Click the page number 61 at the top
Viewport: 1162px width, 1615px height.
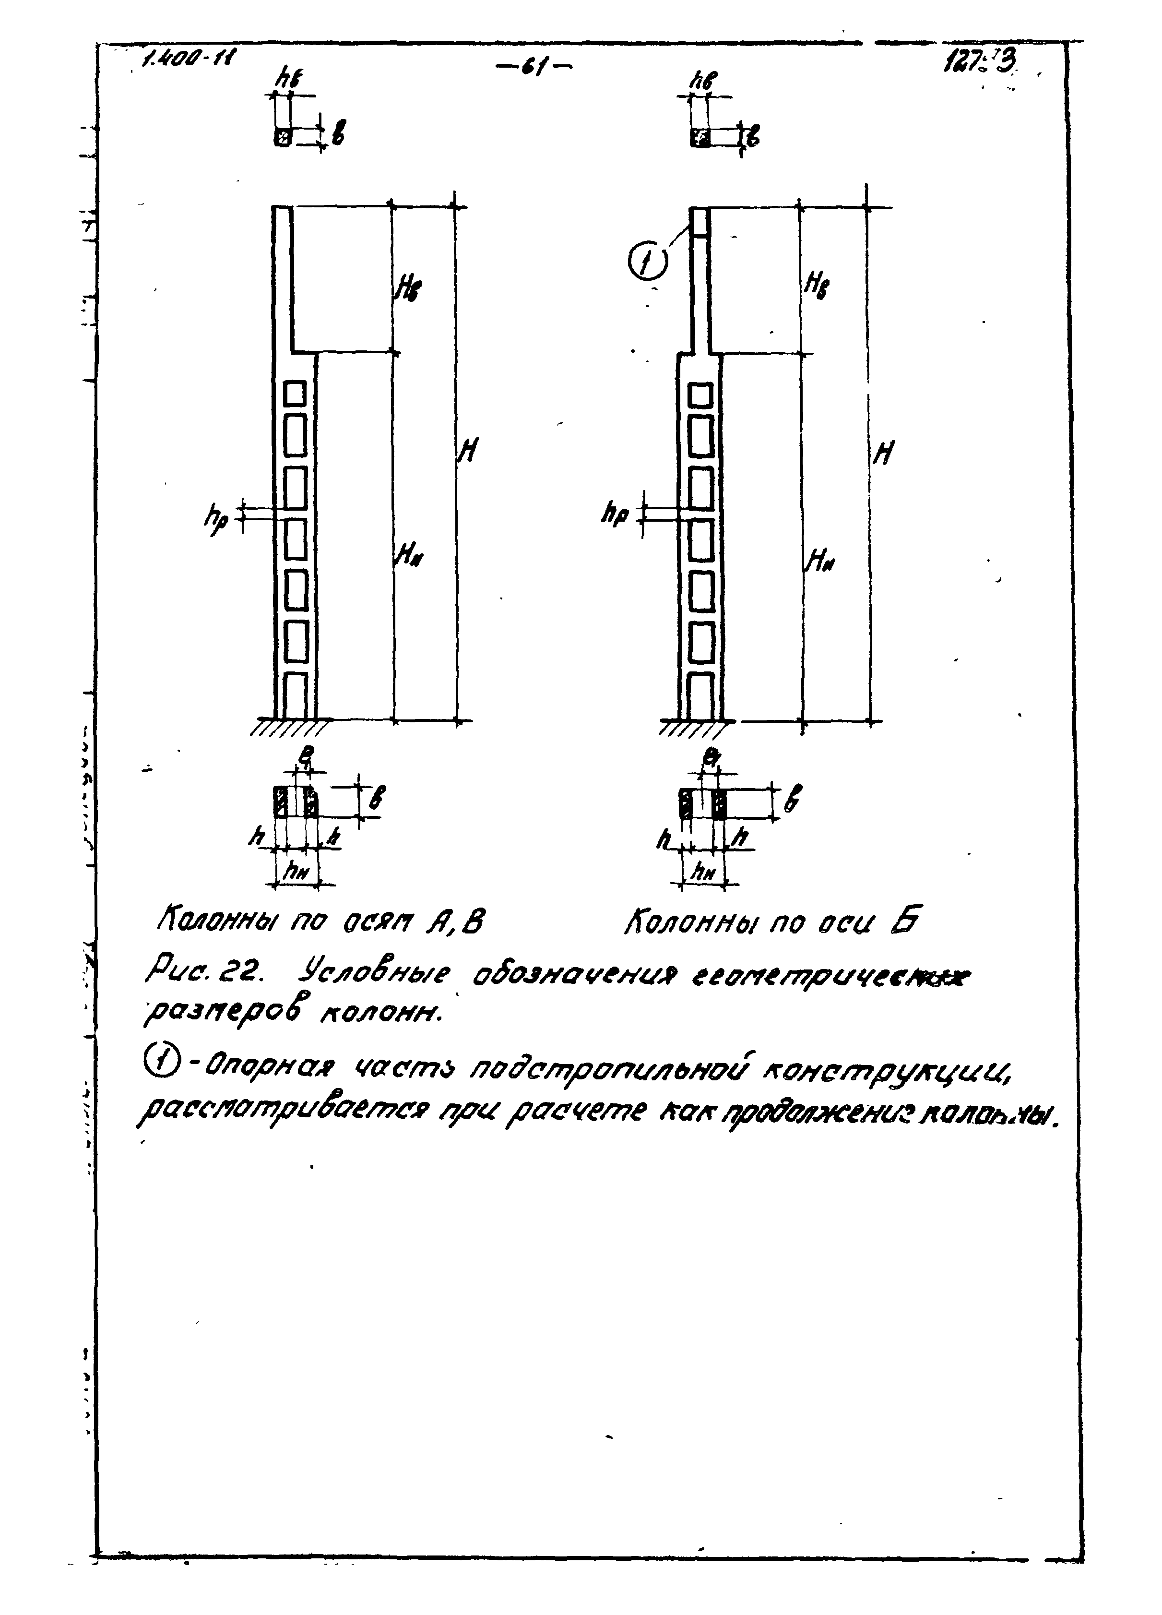[534, 68]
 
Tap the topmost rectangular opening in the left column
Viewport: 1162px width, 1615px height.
[295, 393]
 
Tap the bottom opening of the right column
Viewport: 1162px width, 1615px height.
[702, 695]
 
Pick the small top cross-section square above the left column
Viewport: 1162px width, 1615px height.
[283, 137]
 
